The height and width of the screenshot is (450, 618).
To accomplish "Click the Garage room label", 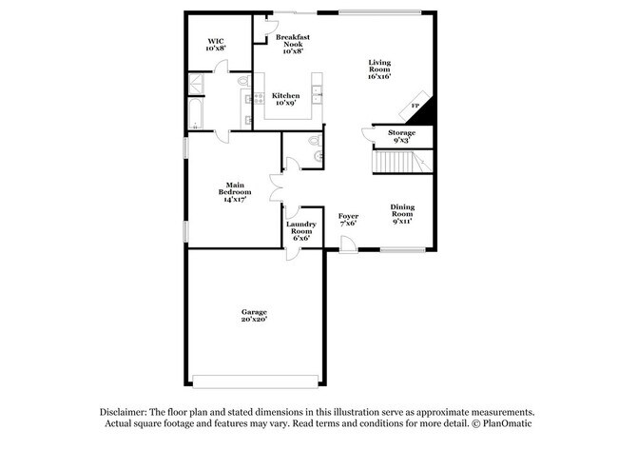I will point(254,316).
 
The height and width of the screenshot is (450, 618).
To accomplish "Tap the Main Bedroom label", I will point(237,192).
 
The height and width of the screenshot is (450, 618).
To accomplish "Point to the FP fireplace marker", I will point(415,105).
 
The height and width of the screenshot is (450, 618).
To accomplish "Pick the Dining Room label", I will point(403,215).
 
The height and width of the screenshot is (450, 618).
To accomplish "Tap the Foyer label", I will point(348,220).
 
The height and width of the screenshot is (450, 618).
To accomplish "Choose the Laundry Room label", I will point(302,231).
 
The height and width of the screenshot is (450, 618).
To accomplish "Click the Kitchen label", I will point(285,100).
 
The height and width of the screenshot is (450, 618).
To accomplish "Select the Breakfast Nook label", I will point(293,43).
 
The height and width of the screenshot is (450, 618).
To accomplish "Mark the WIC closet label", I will point(216,44).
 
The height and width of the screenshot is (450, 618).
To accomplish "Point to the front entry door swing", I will point(349,245).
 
